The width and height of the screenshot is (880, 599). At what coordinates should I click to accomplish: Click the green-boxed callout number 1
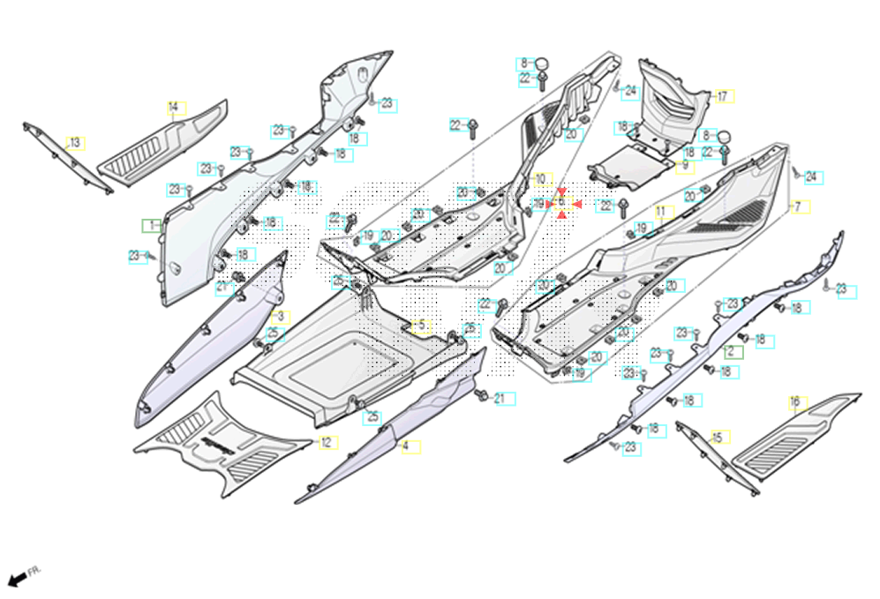(x=153, y=225)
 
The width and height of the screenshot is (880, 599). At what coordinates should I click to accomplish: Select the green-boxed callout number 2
(x=731, y=351)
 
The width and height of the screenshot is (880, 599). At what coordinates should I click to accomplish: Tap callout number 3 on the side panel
(x=282, y=316)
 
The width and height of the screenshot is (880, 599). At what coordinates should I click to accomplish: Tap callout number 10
(x=540, y=179)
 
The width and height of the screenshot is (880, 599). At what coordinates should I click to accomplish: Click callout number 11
(x=661, y=212)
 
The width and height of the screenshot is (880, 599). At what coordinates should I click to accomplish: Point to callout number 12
(x=326, y=442)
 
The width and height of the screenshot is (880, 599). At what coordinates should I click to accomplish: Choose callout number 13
(x=75, y=143)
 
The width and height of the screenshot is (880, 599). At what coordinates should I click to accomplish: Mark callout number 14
(x=174, y=109)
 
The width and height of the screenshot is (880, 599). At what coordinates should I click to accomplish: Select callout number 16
(x=795, y=403)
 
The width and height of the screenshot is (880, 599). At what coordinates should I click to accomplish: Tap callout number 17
(x=723, y=96)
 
